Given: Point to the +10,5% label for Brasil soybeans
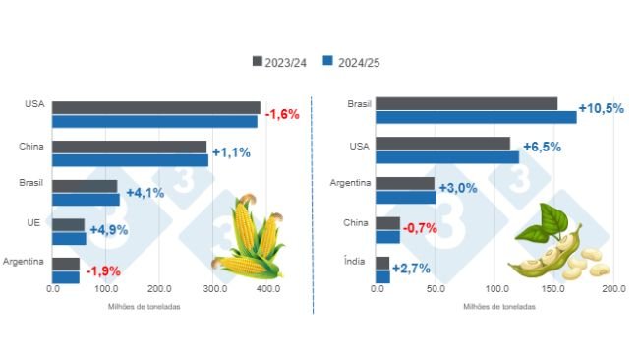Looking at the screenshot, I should (601, 109).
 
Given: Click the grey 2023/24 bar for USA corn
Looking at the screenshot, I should (156, 107).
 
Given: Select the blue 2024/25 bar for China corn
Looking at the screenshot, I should (130, 159).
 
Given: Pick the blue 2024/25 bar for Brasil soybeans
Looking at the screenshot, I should (476, 117).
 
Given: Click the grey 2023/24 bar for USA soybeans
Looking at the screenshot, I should (442, 144).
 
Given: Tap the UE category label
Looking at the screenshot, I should (32, 224).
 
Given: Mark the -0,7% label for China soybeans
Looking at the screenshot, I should (419, 228).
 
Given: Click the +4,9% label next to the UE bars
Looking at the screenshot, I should (109, 231).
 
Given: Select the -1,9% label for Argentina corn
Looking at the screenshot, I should (102, 270).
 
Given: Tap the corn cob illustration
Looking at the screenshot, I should (246, 238).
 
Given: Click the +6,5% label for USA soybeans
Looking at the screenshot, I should (542, 148).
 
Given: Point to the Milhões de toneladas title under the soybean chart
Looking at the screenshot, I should (499, 306).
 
